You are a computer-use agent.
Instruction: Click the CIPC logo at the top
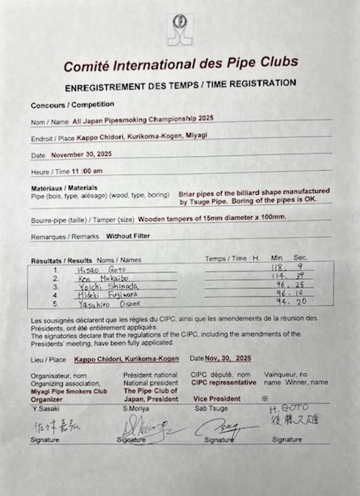click(x=180, y=29)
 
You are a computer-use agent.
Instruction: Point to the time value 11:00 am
click(x=87, y=171)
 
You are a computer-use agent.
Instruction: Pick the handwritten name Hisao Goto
click(x=94, y=270)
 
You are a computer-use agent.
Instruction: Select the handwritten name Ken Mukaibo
click(x=98, y=278)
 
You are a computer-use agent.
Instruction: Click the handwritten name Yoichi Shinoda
click(x=104, y=286)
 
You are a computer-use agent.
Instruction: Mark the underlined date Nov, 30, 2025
click(x=227, y=359)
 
